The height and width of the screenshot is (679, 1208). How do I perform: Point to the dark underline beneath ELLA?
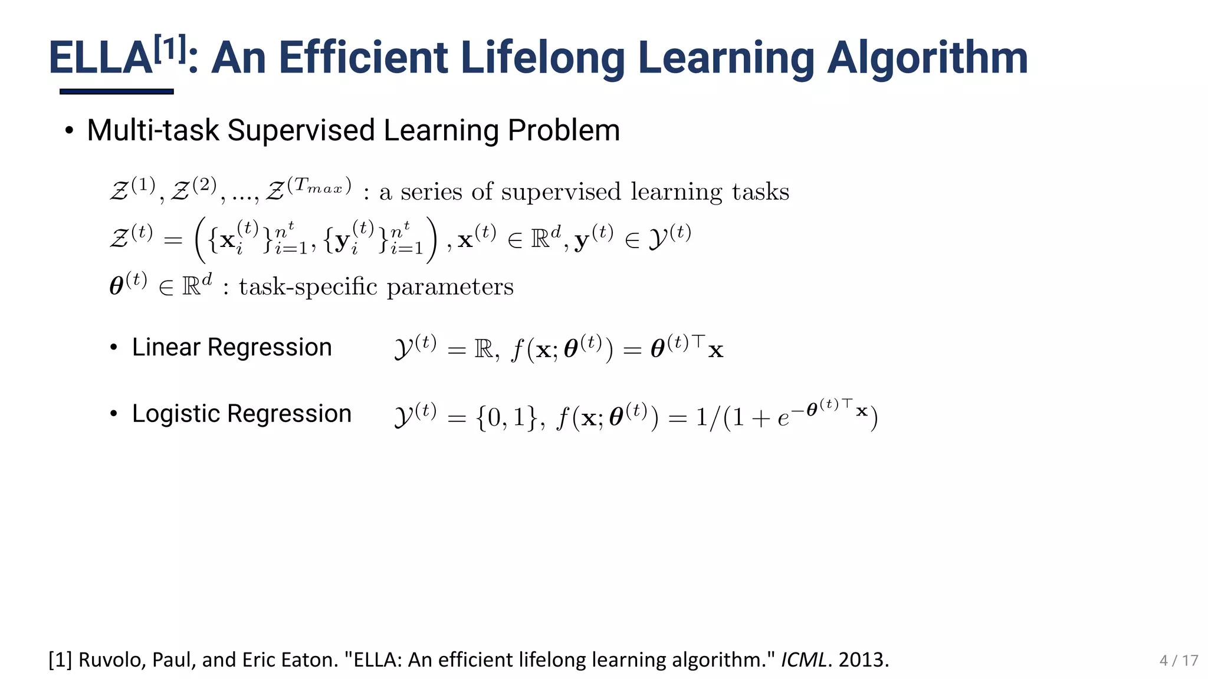tap(116, 91)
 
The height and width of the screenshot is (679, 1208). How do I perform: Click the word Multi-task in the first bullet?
tap(153, 130)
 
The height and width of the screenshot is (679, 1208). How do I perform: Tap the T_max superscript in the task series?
tap(319, 186)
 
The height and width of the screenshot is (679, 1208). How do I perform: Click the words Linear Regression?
tap(232, 347)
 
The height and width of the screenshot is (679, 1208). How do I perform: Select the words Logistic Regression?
tap(241, 414)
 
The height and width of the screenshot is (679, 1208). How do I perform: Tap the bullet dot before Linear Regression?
tap(114, 348)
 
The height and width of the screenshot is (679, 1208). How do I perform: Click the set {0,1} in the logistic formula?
tap(506, 417)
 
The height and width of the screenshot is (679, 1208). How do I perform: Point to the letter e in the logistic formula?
tap(783, 418)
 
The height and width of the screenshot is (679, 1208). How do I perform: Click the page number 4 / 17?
tap(1179, 660)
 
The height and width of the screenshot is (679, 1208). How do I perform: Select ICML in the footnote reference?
tap(803, 660)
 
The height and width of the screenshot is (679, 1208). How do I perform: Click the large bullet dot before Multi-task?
tap(70, 130)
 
